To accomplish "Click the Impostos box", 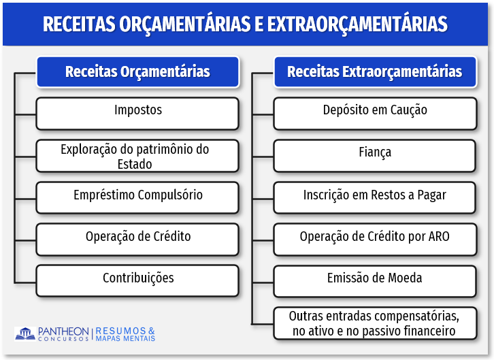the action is (x=137, y=114).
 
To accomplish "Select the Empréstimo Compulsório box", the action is (x=137, y=198).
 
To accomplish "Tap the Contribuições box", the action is (x=137, y=280).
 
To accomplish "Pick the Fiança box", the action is (x=375, y=156).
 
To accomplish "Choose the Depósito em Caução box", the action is (x=375, y=114).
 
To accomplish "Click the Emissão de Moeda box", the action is (x=375, y=281).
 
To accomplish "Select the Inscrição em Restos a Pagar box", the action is (x=375, y=198).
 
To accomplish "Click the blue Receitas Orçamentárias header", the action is (x=137, y=72).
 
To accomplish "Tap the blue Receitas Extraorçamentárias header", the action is (x=375, y=72).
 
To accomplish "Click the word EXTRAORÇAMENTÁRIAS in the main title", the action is (x=357, y=24).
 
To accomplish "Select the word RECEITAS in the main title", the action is (x=79, y=24).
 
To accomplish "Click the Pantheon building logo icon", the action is (x=25, y=334).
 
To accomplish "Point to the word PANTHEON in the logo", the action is (x=63, y=331).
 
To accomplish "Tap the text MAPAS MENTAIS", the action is (x=125, y=339).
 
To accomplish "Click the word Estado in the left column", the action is (x=135, y=164).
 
